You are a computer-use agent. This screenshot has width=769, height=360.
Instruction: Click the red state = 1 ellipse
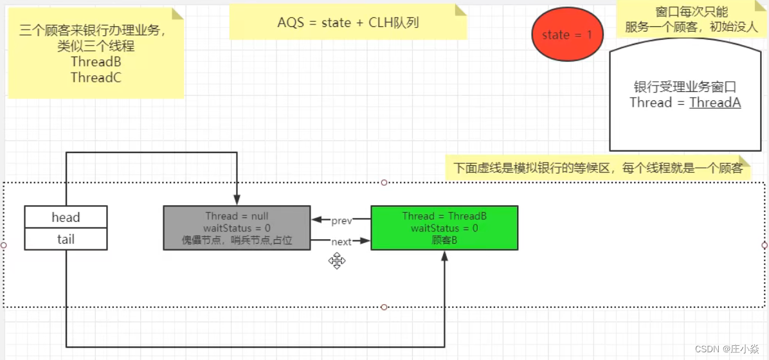(566, 35)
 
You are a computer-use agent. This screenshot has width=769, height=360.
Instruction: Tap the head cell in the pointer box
(66, 217)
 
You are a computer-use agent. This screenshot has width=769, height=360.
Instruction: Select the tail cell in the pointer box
(66, 239)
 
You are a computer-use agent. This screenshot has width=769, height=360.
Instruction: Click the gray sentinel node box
(237, 228)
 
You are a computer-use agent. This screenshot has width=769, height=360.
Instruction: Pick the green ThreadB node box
(444, 228)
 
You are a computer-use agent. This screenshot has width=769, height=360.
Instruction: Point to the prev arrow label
(341, 221)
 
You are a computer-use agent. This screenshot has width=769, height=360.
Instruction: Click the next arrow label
(341, 242)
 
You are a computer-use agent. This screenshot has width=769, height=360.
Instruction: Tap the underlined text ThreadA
(715, 102)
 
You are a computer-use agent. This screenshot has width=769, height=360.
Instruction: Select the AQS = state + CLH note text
(348, 22)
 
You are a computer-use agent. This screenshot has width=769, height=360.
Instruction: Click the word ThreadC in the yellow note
(96, 78)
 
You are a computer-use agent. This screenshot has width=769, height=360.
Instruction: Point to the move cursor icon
(337, 260)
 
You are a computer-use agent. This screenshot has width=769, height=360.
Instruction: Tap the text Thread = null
(237, 216)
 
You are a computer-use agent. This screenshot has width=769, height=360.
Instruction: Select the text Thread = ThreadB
(444, 216)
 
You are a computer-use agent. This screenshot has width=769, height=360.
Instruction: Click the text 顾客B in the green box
(444, 240)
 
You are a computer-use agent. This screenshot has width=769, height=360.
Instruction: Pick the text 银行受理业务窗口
(685, 87)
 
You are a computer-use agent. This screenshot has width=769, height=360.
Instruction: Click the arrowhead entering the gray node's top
(237, 201)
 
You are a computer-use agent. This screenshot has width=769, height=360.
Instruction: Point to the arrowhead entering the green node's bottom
(444, 255)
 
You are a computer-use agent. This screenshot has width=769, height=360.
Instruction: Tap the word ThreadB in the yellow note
(96, 62)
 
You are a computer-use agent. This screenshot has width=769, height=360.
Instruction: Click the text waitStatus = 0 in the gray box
(237, 228)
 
